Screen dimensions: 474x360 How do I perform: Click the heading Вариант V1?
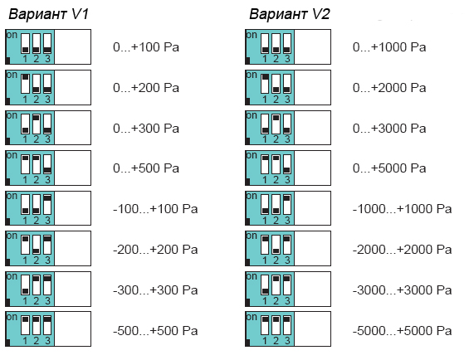[x=49, y=14]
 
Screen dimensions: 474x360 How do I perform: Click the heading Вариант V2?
[x=289, y=14]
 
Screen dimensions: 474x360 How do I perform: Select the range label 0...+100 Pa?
[x=146, y=47]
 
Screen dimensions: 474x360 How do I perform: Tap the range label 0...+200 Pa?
[x=146, y=88]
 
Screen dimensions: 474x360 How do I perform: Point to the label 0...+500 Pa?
[x=146, y=168]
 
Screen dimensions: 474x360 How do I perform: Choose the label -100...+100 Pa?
[x=155, y=209]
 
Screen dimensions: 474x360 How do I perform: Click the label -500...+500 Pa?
[x=155, y=331]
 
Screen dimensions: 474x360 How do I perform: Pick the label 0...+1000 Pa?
[x=389, y=47]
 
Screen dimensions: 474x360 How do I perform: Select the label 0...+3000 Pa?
[x=389, y=129]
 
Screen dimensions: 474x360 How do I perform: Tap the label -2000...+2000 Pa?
[x=402, y=250]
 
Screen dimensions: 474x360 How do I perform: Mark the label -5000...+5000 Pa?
[x=402, y=331]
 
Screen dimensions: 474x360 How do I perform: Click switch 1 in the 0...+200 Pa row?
[x=26, y=84]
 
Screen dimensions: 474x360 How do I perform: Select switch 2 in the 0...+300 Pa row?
[x=37, y=124]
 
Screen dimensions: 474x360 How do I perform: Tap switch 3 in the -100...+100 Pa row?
[x=47, y=204]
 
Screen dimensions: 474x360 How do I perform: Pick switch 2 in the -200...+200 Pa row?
[x=37, y=245]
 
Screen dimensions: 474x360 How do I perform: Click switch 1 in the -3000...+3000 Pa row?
[x=265, y=285]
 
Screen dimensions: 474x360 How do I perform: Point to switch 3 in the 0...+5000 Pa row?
[x=287, y=164]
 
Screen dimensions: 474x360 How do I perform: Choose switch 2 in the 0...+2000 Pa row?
[x=276, y=84]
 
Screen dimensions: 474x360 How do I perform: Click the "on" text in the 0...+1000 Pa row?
[x=252, y=35]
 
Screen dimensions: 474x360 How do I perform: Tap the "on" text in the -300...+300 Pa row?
[x=12, y=277]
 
